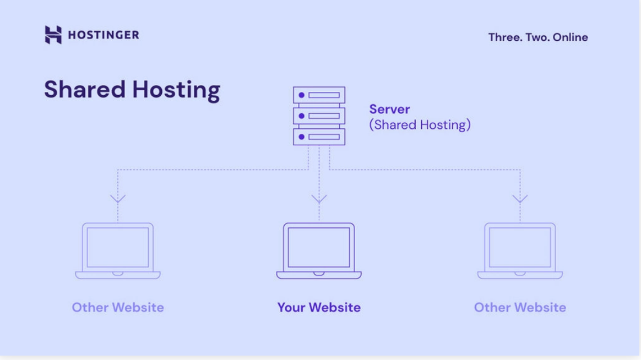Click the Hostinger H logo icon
53,35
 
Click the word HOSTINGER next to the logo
104,35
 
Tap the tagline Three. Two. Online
537,37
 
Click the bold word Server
389,109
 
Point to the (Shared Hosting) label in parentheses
420,125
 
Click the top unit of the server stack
319,95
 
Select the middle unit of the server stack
319,116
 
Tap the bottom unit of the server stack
319,137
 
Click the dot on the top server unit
301,95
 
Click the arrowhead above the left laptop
118,198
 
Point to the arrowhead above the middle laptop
319,198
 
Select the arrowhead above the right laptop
520,198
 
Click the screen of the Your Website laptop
319,247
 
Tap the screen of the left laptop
118,247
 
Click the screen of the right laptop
520,247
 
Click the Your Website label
319,307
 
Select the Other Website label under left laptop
118,307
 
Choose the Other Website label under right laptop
520,307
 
